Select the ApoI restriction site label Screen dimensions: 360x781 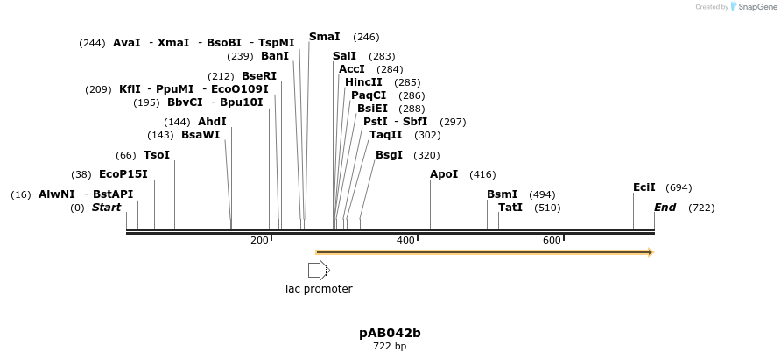444,174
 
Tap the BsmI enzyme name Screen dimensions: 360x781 502,194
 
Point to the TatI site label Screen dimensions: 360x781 510,208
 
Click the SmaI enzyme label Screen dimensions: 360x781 324,37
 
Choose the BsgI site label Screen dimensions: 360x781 389,155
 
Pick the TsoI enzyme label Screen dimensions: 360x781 157,155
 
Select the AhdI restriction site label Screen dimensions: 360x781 212,122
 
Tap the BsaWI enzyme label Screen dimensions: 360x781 201,135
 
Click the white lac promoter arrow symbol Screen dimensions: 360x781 318,270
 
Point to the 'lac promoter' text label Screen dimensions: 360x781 319,289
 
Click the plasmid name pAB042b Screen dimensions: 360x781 390,333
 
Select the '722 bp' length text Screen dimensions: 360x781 390,347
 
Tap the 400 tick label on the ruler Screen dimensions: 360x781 405,240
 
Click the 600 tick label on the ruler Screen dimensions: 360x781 552,240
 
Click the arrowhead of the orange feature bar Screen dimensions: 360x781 650,252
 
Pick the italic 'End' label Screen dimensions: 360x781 665,208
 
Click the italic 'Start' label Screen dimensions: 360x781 106,208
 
